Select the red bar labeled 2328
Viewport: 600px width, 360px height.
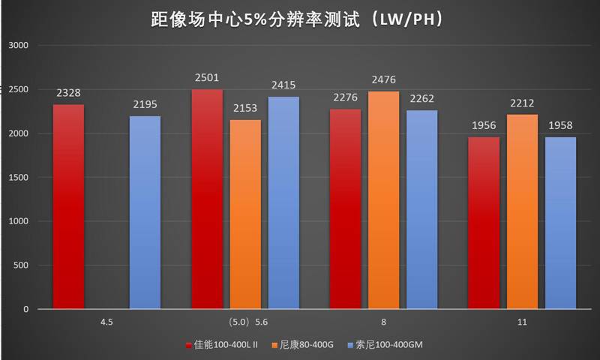click(x=68, y=206)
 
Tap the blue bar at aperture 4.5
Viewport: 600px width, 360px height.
click(x=145, y=212)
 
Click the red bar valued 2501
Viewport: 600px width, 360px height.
click(x=207, y=199)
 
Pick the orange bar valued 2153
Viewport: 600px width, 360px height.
click(x=246, y=214)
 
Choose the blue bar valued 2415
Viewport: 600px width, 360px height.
click(x=284, y=202)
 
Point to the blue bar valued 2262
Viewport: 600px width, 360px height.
click(x=421, y=209)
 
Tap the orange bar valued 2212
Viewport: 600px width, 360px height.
click(x=522, y=211)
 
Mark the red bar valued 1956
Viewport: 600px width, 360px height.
click(x=484, y=223)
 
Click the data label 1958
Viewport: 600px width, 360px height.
click(x=560, y=127)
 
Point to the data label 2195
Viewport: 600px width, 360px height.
click(x=145, y=105)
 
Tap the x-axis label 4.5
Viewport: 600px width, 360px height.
click(x=106, y=322)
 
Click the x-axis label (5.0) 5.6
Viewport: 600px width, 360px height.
click(x=245, y=322)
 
